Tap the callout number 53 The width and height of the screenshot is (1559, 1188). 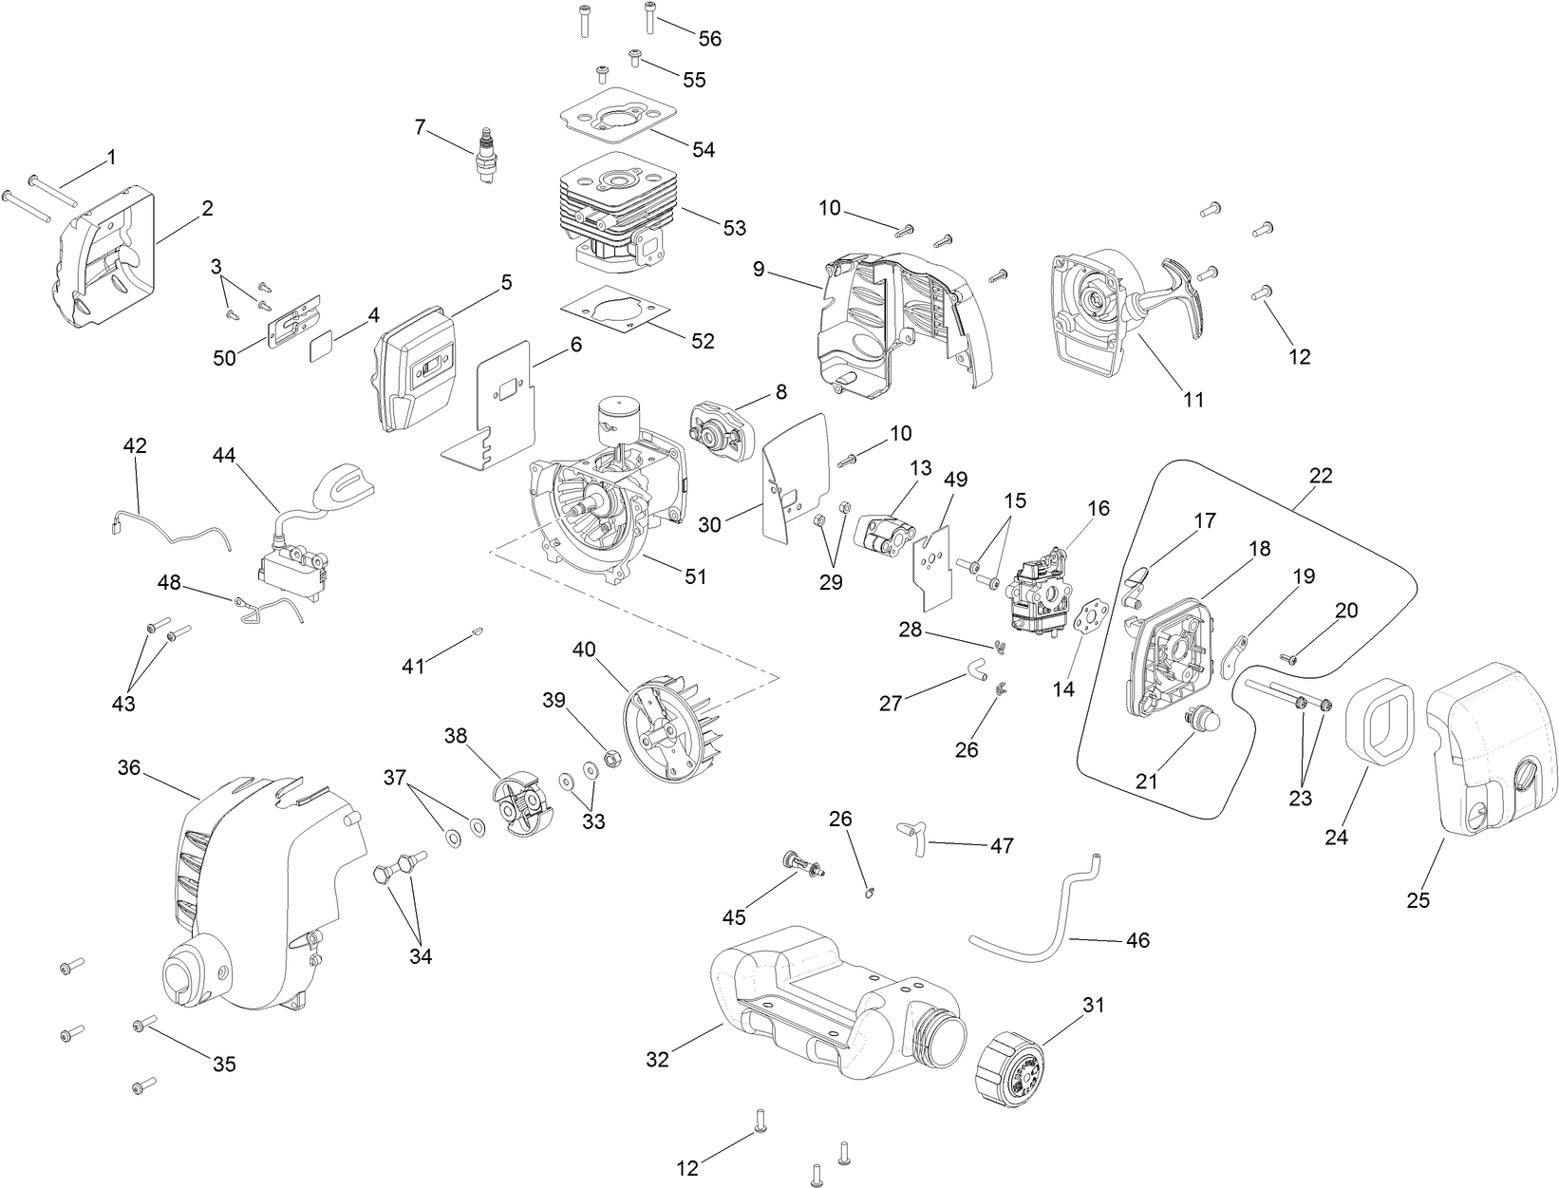pos(734,228)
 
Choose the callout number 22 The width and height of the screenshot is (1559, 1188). pos(1321,476)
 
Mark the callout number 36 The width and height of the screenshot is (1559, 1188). pos(129,766)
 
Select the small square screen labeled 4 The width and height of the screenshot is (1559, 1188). pos(325,348)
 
